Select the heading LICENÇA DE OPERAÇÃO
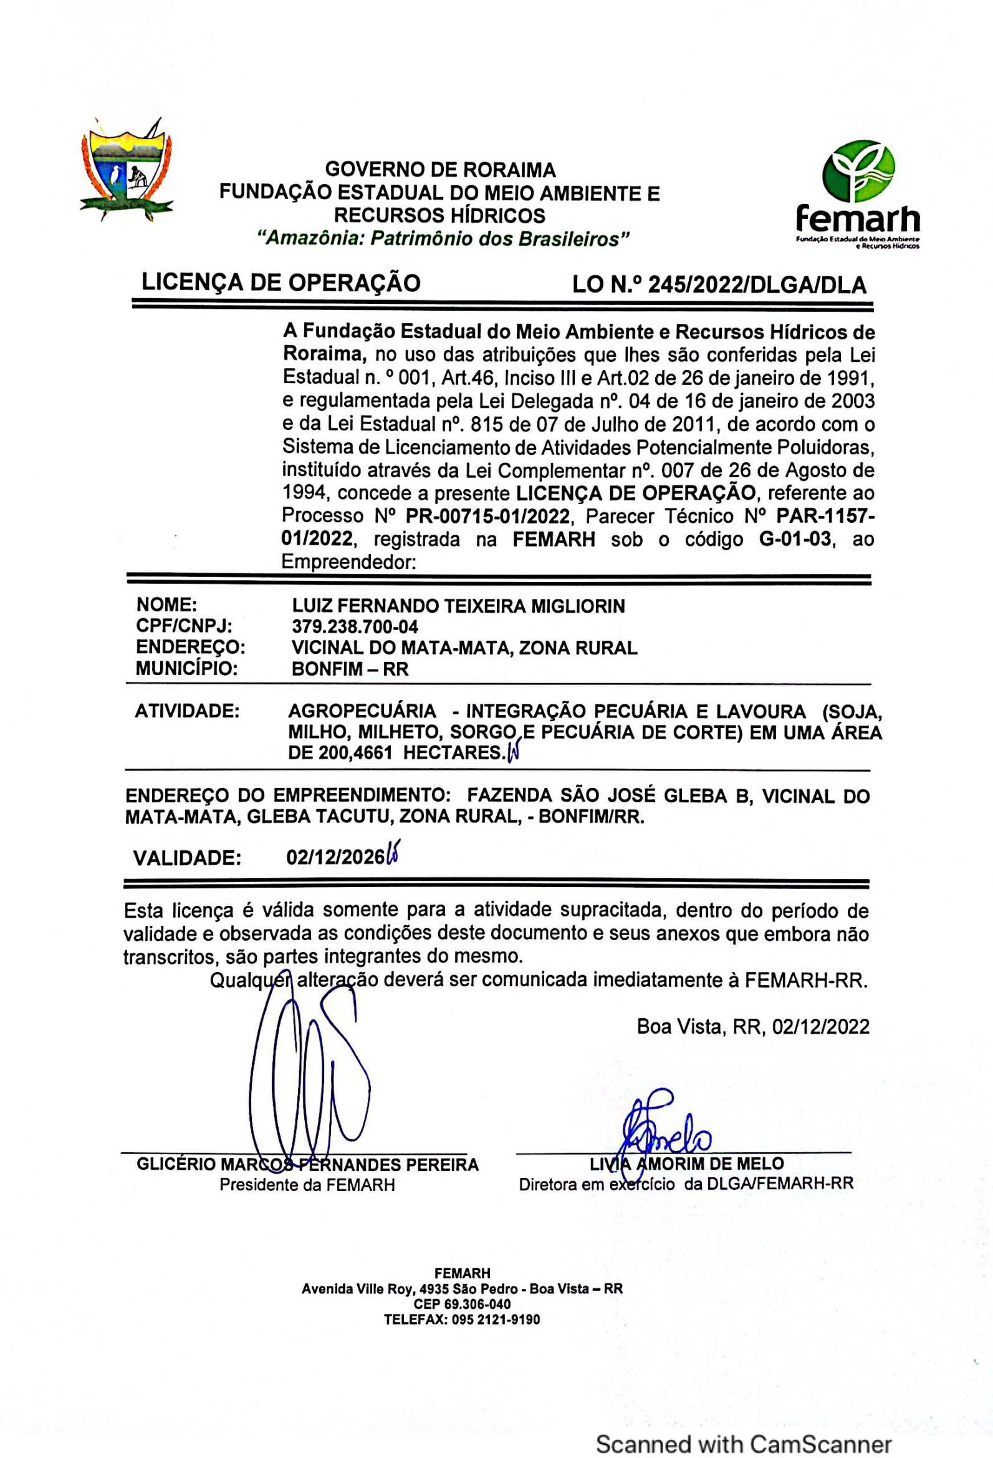[281, 283]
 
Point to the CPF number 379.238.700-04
[355, 626]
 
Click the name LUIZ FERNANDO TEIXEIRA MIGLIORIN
[458, 606]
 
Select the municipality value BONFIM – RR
[350, 669]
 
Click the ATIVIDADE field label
[187, 711]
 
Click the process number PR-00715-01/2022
[487, 517]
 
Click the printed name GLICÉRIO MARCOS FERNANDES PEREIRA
[307, 1165]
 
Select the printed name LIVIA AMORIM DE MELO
[686, 1164]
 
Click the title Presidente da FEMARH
[307, 1185]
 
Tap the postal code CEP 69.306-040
[462, 1305]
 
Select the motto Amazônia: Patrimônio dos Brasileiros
[444, 239]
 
